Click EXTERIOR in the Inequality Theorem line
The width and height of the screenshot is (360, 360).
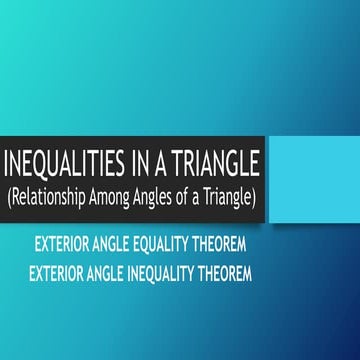tap(59, 269)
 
